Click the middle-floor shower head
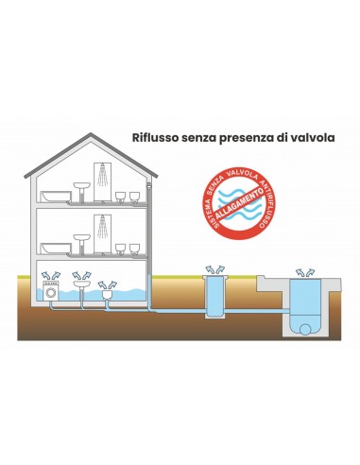click(99, 220)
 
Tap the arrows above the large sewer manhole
click(304, 270)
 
